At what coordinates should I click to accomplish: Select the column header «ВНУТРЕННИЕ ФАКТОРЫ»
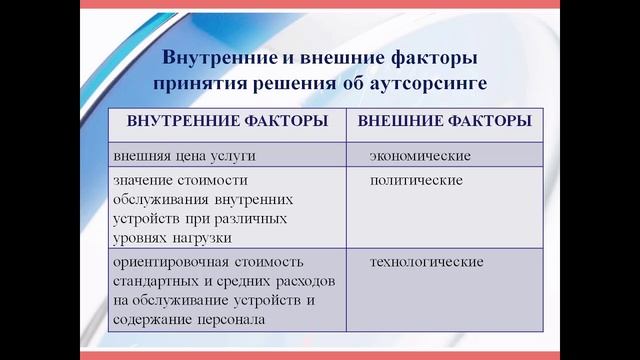coord(227,122)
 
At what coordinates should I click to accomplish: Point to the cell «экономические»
coord(420,156)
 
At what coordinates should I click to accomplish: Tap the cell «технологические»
coord(427,262)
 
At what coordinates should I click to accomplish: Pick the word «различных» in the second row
coord(249,218)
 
